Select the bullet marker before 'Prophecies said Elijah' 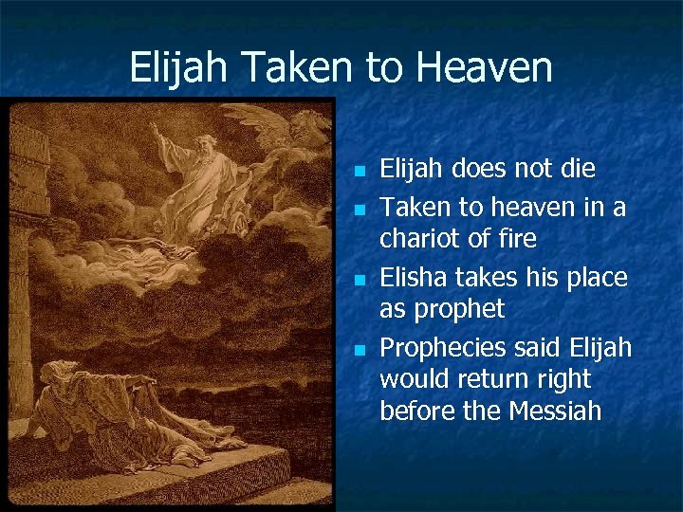point(359,351)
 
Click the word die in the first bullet point(579,170)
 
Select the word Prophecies point(438,348)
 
